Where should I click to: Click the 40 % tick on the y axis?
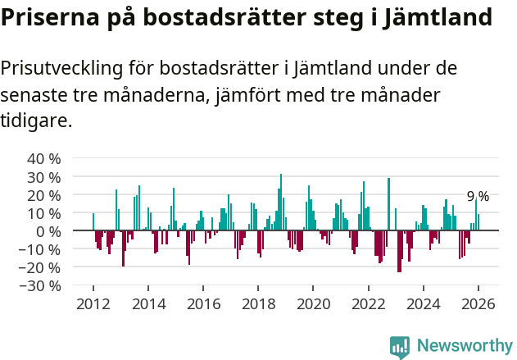pos(43,158)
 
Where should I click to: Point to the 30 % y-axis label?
pos(43,176)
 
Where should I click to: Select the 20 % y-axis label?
pos(43,195)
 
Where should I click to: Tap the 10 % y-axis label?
pos(43,213)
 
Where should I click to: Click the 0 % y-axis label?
pos(48,231)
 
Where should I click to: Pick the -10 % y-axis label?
pos(40,249)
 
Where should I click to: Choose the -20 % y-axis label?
pos(40,267)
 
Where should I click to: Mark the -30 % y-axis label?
pos(40,285)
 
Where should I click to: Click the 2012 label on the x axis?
pos(93,303)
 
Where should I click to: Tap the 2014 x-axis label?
pos(148,303)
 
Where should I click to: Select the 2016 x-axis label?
pos(203,303)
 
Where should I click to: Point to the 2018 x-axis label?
pos(258,303)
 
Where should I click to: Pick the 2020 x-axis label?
pos(313,303)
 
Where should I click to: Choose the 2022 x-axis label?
pos(369,303)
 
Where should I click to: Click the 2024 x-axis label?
pos(424,303)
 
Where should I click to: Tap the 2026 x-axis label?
pos(478,303)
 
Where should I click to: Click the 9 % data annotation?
pos(478,196)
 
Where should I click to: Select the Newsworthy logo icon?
pos(400,347)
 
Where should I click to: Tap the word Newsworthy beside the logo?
pos(465,347)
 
